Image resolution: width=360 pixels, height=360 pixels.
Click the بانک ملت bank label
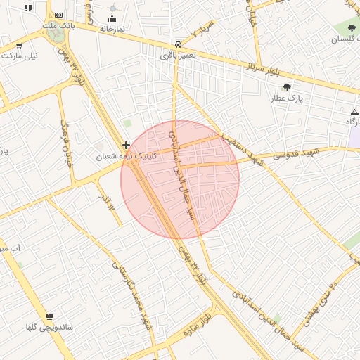pyautogui.click(x=58, y=25)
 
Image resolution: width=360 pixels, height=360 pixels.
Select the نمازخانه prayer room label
pyautogui.click(x=112, y=29)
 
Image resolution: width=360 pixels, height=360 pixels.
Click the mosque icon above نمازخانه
pyautogui.click(x=112, y=19)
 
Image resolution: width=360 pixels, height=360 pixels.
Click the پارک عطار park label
pyautogui.click(x=287, y=98)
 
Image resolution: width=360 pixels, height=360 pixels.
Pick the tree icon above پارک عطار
pyautogui.click(x=287, y=87)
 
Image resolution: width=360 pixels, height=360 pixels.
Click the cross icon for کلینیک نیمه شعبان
pyautogui.click(x=126, y=145)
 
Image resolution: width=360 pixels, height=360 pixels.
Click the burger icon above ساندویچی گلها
pyautogui.click(x=49, y=316)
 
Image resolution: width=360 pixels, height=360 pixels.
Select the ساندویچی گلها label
pyautogui.click(x=49, y=327)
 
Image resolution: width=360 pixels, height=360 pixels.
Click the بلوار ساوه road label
pyautogui.click(x=198, y=323)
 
